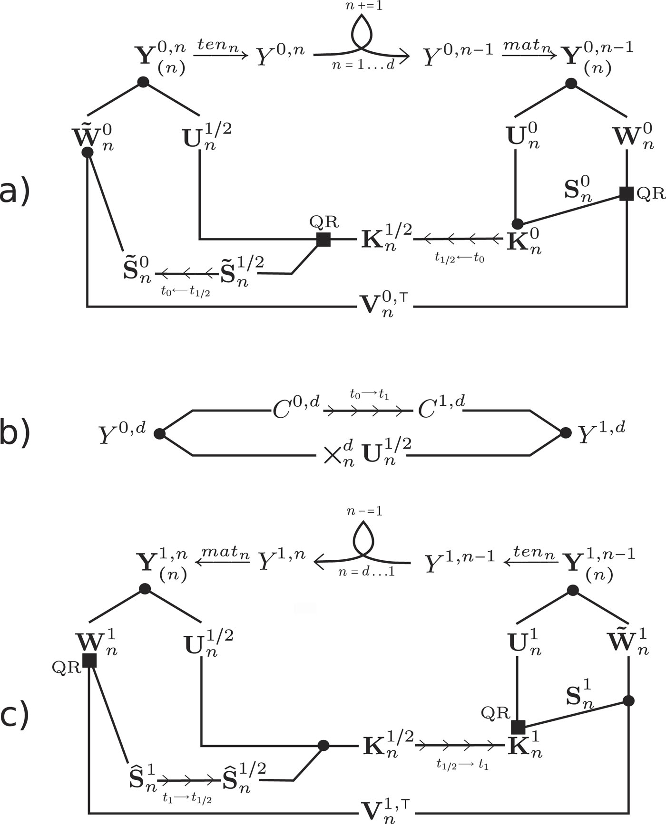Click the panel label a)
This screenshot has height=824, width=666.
point(14,192)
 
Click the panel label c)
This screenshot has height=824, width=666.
point(14,716)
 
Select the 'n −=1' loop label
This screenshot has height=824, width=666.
point(364,511)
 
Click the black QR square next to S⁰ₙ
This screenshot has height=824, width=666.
point(627,193)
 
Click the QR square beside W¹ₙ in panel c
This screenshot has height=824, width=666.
point(89,661)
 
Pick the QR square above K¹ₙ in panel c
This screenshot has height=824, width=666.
point(518,727)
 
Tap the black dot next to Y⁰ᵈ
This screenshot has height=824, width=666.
point(160,433)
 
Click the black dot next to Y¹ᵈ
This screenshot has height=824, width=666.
point(566,432)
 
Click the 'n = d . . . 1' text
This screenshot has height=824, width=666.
point(366,572)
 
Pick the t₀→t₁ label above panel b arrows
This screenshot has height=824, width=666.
point(369,394)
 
